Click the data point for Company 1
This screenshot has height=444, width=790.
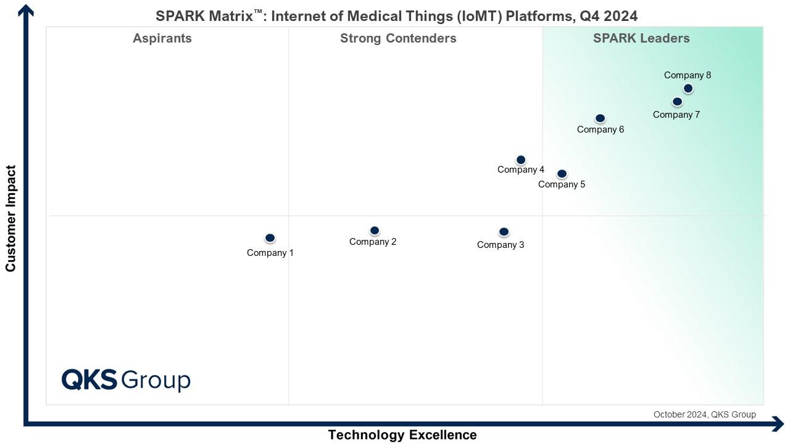click(270, 238)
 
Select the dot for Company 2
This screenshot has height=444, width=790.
click(374, 231)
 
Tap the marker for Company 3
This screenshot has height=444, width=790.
click(504, 232)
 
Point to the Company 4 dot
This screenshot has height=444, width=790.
click(520, 160)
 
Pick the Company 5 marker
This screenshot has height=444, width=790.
click(562, 174)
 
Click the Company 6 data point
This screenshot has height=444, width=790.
click(600, 118)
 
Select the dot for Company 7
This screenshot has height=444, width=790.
click(677, 102)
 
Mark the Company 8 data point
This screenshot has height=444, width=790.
click(688, 88)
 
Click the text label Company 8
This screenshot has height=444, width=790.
click(688, 75)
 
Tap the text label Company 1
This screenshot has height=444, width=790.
click(270, 253)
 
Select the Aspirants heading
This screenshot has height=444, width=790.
click(162, 38)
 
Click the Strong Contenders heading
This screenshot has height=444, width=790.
click(398, 38)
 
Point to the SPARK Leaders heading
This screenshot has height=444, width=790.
click(641, 38)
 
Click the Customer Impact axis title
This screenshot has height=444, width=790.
click(10, 218)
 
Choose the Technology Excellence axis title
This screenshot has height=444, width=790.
click(402, 435)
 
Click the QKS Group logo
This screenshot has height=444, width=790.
click(126, 379)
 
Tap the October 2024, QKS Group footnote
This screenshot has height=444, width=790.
click(704, 414)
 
